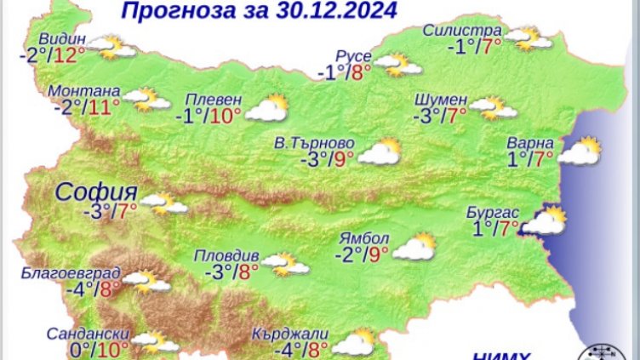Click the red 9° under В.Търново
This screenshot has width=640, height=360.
click(343, 158)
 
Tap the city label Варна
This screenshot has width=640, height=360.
click(530, 141)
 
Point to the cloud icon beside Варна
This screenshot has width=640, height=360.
click(580, 153)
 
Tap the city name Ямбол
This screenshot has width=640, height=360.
click(364, 237)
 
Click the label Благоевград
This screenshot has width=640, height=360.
click(72, 275)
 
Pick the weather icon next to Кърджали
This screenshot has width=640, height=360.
click(353, 342)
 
